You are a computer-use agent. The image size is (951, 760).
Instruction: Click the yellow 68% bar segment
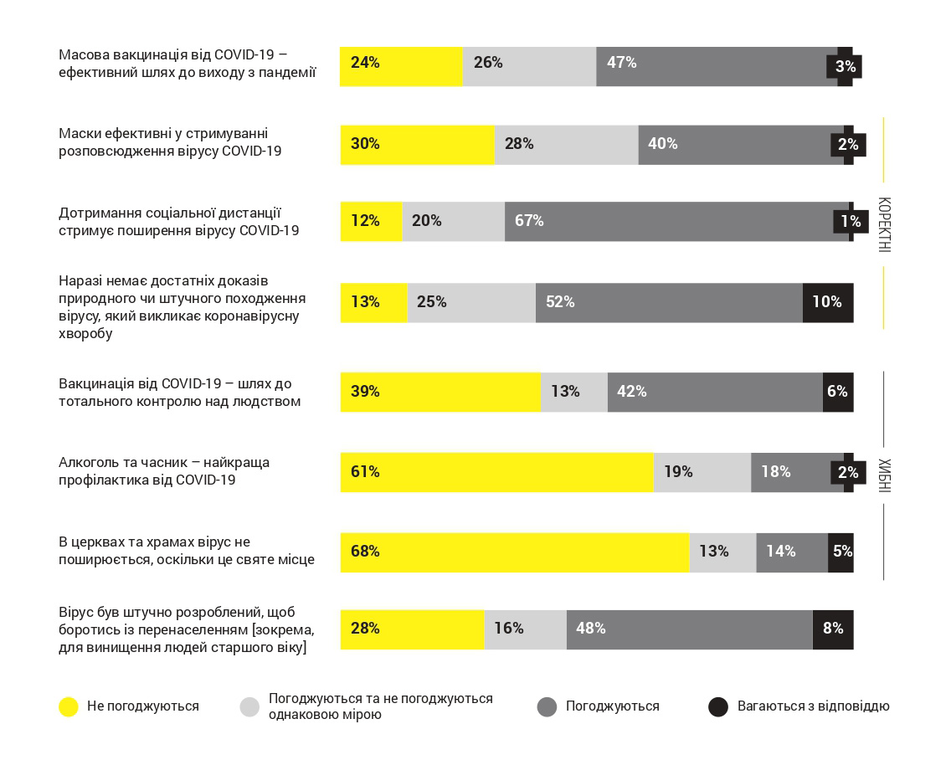pyautogui.click(x=515, y=552)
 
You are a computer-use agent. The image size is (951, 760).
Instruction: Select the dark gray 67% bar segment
pyautogui.click(x=677, y=222)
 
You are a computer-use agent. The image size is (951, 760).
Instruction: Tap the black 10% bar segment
pyautogui.click(x=828, y=303)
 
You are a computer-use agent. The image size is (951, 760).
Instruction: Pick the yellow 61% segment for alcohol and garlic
pyautogui.click(x=496, y=473)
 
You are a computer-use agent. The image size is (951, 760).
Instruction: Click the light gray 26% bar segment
pyautogui.click(x=529, y=67)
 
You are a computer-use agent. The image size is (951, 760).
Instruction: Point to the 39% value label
pyautogui.click(x=365, y=392)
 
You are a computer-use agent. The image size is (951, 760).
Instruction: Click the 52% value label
pyautogui.click(x=560, y=302)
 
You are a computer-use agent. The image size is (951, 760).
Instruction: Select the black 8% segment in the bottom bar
pyautogui.click(x=833, y=629)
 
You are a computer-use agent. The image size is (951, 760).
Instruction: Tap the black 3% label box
pyautogui.click(x=844, y=66)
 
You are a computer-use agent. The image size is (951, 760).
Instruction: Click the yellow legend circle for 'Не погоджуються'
pyautogui.click(x=69, y=706)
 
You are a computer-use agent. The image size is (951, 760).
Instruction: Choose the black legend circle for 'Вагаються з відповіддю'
pyautogui.click(x=718, y=706)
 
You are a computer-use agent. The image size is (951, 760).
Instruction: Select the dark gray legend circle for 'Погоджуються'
pyautogui.click(x=547, y=706)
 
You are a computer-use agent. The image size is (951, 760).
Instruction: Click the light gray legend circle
pyautogui.click(x=249, y=706)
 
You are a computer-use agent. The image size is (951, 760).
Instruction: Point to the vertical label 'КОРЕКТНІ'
pyautogui.click(x=884, y=224)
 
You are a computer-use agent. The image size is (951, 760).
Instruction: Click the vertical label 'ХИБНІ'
pyautogui.click(x=884, y=475)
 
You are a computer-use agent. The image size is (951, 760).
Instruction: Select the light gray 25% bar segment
pyautogui.click(x=471, y=303)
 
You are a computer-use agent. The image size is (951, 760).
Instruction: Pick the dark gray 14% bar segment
pyautogui.click(x=792, y=552)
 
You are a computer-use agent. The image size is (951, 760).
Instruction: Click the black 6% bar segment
pyautogui.click(x=838, y=393)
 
